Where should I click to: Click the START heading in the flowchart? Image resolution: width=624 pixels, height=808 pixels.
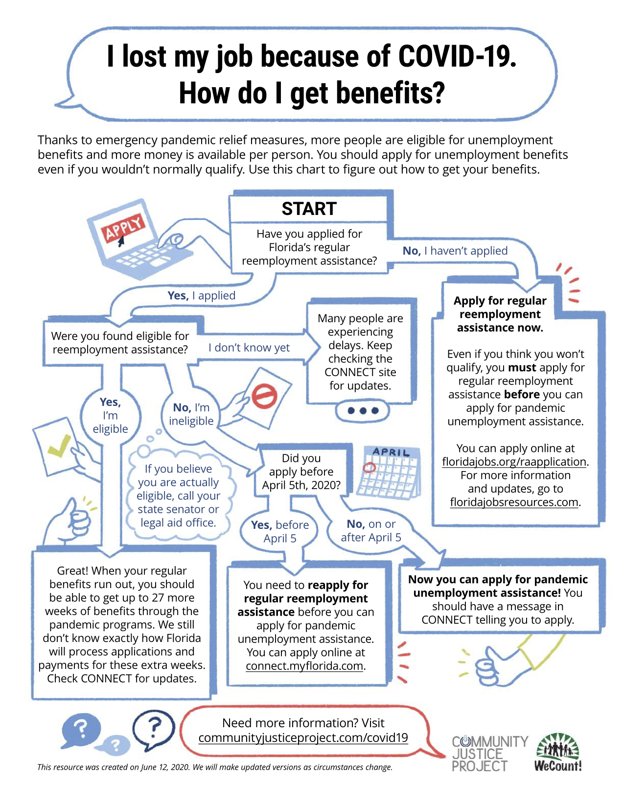tap(309, 209)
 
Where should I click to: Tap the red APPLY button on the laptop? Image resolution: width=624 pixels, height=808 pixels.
tap(124, 227)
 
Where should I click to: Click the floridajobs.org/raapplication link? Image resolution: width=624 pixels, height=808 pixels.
tap(514, 462)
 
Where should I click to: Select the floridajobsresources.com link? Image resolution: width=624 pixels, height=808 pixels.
tap(514, 502)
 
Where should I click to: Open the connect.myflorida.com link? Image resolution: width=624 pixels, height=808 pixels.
tap(305, 666)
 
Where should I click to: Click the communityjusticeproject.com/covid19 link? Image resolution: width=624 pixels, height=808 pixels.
tap(303, 738)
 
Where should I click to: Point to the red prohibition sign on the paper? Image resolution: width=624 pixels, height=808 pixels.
tap(264, 396)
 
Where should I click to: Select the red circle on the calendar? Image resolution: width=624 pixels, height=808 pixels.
tap(370, 467)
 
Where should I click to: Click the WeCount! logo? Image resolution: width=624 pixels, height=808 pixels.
tap(558, 753)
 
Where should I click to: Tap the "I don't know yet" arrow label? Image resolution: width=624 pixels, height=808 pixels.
tap(249, 348)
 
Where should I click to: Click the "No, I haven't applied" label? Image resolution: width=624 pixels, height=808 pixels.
tap(455, 251)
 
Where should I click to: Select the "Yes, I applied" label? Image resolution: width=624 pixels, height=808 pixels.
tap(201, 296)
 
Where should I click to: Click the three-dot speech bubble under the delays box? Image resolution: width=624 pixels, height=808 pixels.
tap(362, 411)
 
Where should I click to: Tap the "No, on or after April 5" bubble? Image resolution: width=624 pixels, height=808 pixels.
tap(371, 531)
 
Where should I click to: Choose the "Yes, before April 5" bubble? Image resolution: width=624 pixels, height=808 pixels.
tap(280, 532)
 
